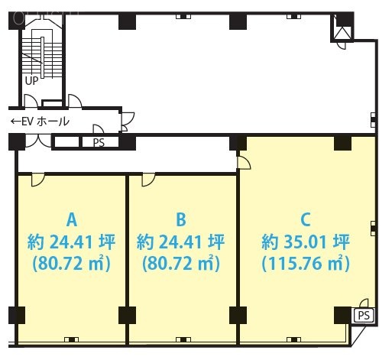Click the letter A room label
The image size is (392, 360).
pos(71,220)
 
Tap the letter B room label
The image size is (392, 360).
pos(181,220)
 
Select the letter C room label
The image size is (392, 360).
pos(304,220)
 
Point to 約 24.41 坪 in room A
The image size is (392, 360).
pos(71,243)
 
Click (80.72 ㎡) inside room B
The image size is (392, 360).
pos(181,265)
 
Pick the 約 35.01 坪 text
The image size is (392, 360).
pos(305,243)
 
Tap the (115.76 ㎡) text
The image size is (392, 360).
pos(305,265)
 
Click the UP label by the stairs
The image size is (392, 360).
pos(32,79)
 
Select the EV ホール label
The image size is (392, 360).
pos(44,122)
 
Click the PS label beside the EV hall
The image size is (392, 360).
pos(99,142)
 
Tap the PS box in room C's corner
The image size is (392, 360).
pos(362,315)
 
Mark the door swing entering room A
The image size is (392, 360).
pos(36,180)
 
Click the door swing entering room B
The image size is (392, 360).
pos(147,180)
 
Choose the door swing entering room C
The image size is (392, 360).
pos(245,161)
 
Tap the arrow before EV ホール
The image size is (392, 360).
pos(15,122)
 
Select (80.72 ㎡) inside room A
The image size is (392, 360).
pos(71,265)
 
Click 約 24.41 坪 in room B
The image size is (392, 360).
pos(181,243)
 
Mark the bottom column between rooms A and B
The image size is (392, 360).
pos(127,315)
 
